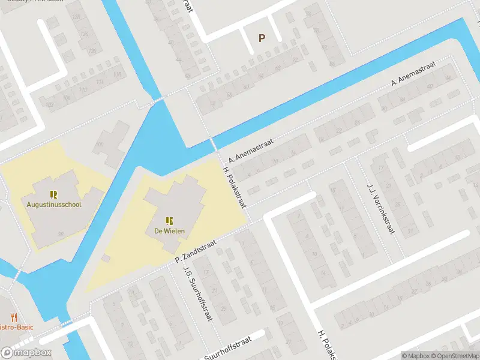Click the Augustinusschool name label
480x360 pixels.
point(53,204)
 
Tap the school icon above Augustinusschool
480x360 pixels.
point(53,194)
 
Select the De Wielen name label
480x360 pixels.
point(169,230)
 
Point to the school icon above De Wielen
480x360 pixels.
point(169,220)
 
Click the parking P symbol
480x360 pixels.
point(262,38)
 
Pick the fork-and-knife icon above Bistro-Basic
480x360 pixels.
point(13,317)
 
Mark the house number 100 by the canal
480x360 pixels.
point(99,145)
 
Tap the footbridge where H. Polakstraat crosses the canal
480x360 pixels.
point(212,145)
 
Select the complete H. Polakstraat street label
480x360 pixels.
point(235,187)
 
